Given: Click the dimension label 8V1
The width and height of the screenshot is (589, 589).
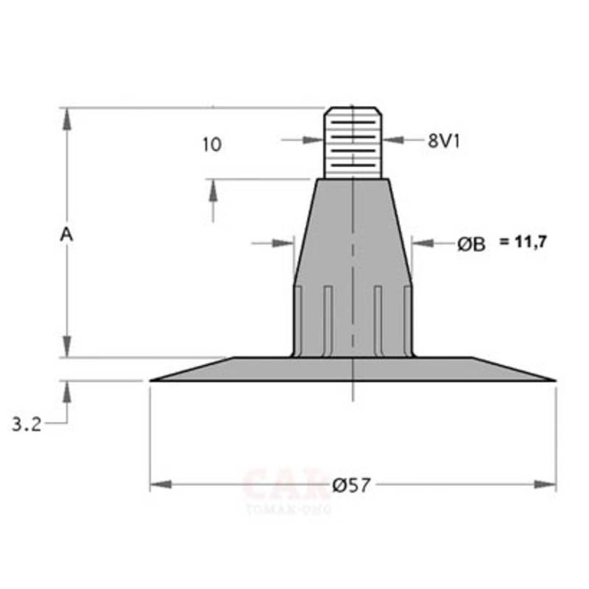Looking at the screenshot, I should pyautogui.click(x=443, y=141).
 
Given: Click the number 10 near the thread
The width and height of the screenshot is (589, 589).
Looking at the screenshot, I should pyautogui.click(x=211, y=144).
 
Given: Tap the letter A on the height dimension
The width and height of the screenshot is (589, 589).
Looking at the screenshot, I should pyautogui.click(x=66, y=234).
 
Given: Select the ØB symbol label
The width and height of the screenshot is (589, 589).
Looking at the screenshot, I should pyautogui.click(x=471, y=245).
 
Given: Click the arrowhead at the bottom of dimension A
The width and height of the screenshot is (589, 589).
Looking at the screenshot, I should pyautogui.click(x=67, y=346).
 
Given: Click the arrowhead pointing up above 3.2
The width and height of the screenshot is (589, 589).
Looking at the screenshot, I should pyautogui.click(x=67, y=391).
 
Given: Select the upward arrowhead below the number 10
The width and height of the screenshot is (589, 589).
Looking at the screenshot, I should pyautogui.click(x=214, y=190).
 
